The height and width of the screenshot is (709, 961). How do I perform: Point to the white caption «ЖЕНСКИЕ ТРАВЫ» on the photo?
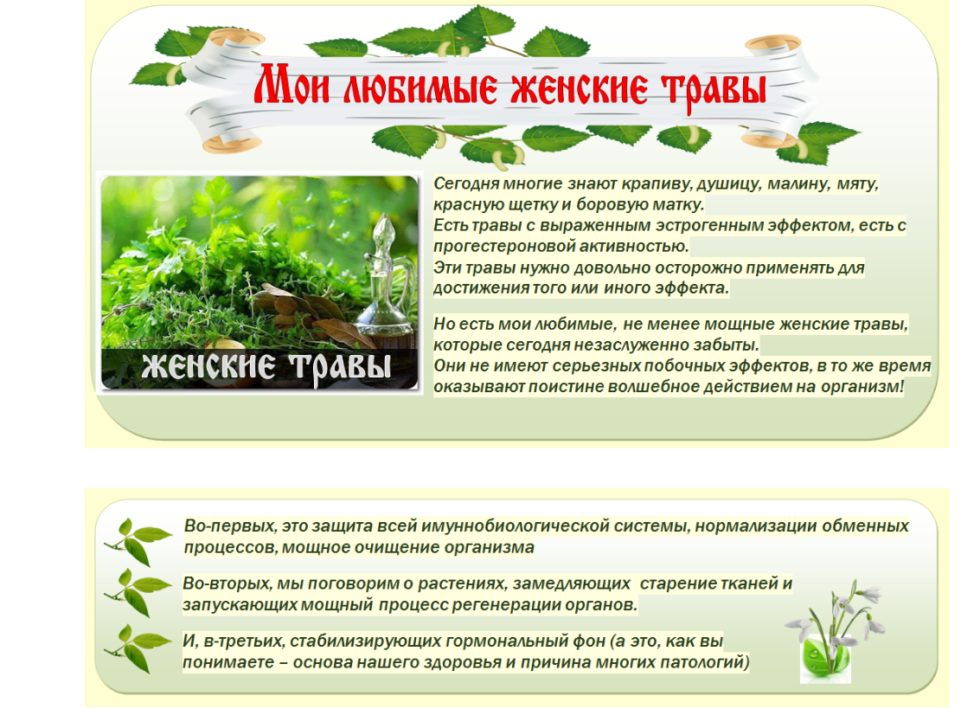click(266, 368)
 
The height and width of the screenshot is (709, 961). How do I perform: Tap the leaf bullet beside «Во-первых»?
click(138, 542)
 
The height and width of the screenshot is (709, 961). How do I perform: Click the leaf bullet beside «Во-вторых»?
click(138, 592)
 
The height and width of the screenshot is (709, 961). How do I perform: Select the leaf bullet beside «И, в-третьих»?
click(138, 649)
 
